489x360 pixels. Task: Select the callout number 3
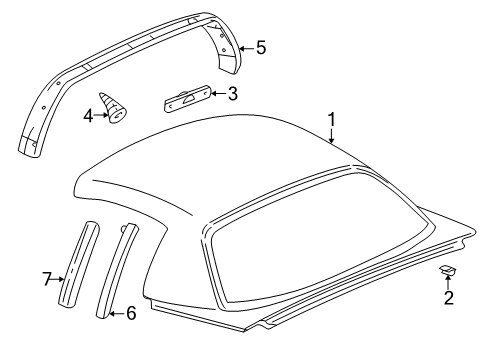(x=232, y=95)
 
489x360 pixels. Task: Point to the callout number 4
(x=88, y=115)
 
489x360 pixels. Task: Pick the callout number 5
(x=260, y=46)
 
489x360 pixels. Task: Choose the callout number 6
(x=131, y=315)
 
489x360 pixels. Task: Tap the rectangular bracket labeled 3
(x=186, y=100)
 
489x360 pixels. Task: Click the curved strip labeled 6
(x=117, y=268)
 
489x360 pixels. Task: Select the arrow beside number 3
(x=216, y=96)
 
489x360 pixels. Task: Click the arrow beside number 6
(x=116, y=315)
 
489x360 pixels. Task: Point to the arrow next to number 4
(x=102, y=115)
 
